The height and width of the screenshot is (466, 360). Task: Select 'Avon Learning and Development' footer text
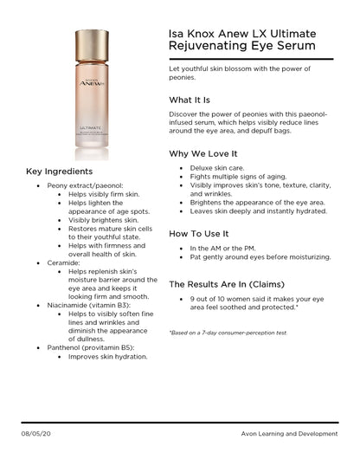coord(289,431)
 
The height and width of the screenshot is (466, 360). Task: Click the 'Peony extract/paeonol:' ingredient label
coord(85,185)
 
